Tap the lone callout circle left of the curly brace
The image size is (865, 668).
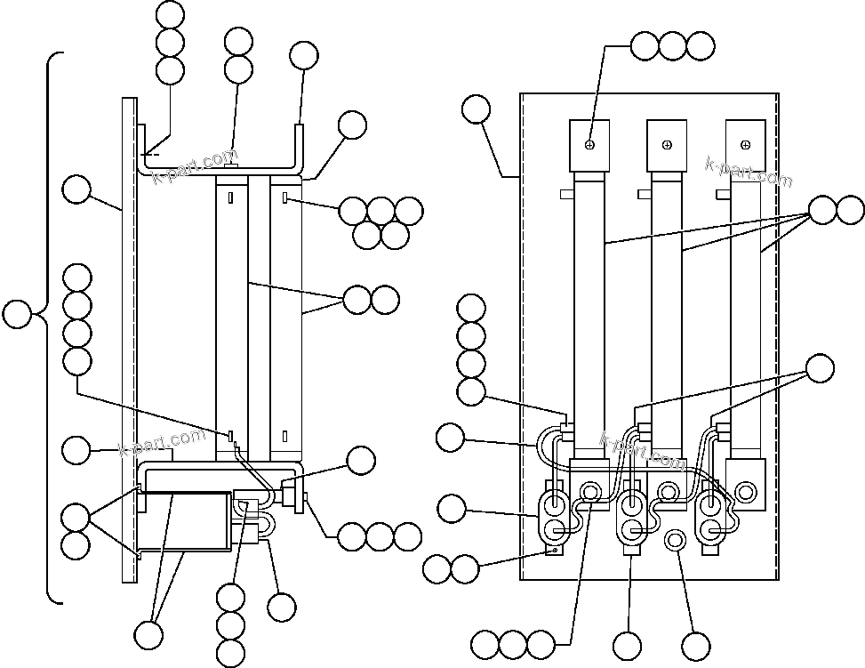[x=17, y=315]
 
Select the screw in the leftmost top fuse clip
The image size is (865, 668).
[x=590, y=144]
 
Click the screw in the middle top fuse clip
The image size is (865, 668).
[x=667, y=144]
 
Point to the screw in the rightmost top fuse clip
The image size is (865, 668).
[x=744, y=144]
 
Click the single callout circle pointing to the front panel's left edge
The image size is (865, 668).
[x=477, y=109]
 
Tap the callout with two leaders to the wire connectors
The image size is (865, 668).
[x=820, y=367]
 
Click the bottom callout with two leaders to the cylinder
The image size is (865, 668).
[x=148, y=635]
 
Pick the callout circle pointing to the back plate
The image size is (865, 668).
[x=76, y=189]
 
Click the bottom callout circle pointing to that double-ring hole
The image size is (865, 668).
[x=696, y=645]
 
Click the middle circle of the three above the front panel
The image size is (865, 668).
[x=673, y=45]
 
